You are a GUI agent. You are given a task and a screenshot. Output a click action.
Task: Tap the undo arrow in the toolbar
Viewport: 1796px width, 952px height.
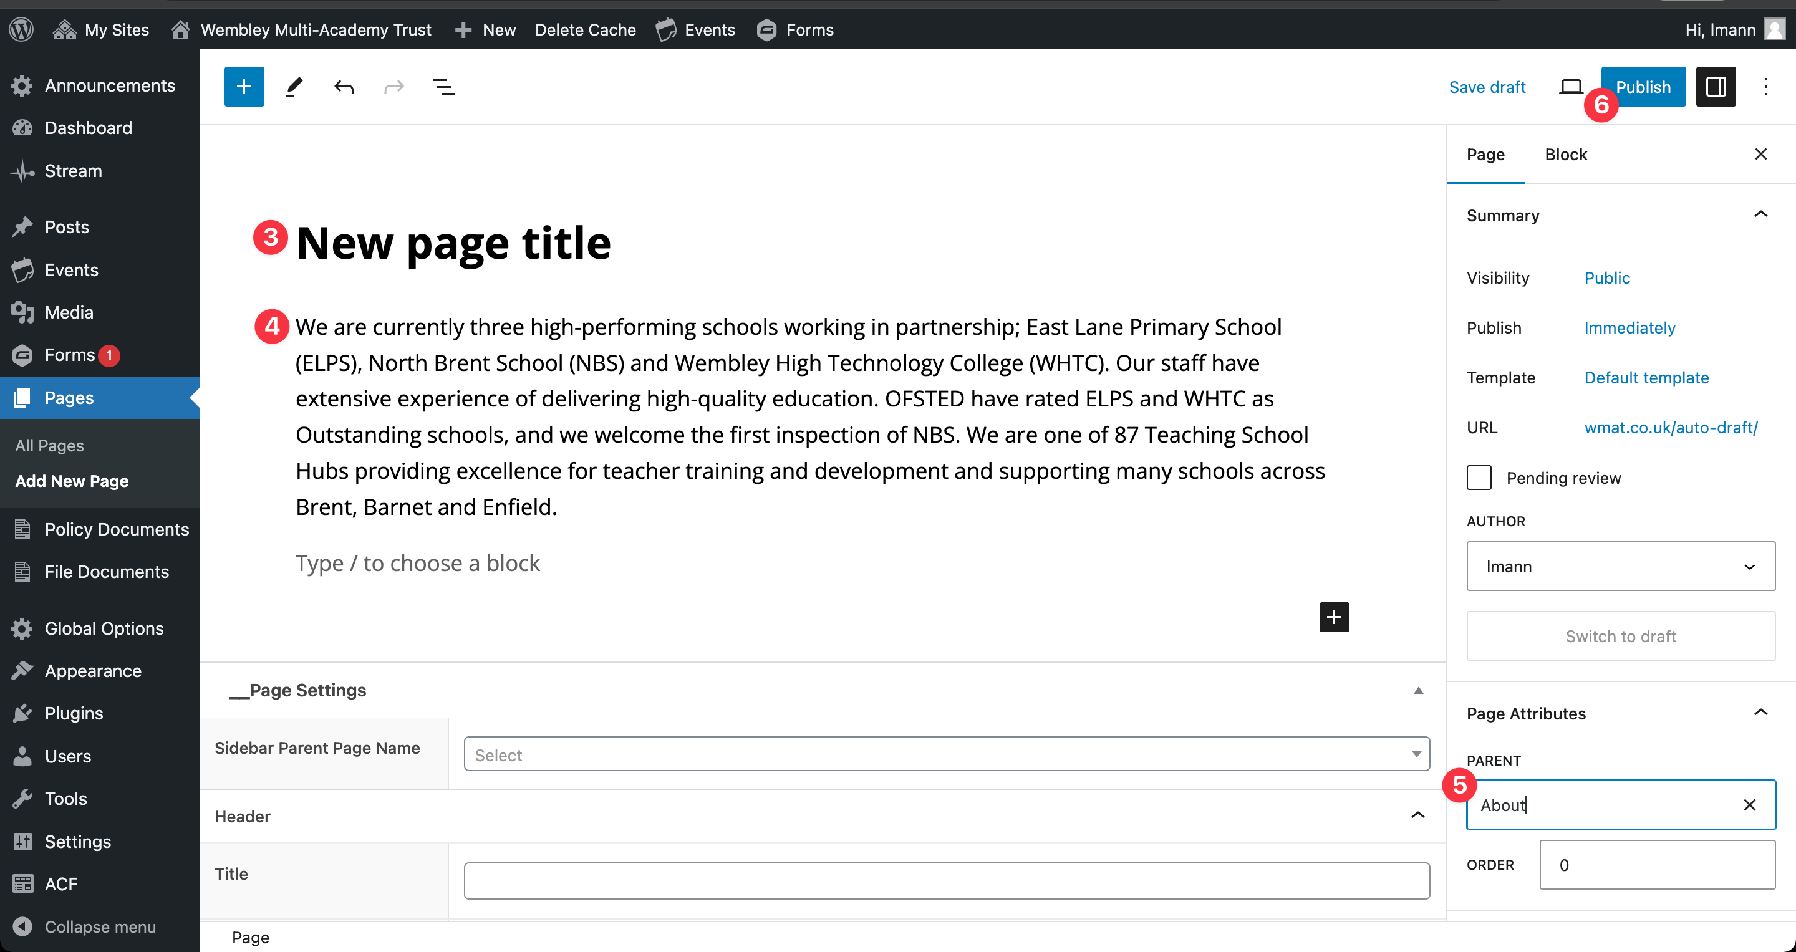coord(344,87)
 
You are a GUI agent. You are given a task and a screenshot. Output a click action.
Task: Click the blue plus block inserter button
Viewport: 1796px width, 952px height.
coord(244,87)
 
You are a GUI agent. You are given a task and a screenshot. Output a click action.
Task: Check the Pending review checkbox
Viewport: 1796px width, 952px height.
coord(1479,478)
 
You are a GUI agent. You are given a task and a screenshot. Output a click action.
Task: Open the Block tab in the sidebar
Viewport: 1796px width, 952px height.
coord(1565,155)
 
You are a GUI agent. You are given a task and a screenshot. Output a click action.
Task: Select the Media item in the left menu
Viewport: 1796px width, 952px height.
coord(69,312)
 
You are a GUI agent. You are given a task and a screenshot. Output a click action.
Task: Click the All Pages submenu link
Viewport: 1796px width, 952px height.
coord(49,445)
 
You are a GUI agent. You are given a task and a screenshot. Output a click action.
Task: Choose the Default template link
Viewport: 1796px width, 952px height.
coord(1646,378)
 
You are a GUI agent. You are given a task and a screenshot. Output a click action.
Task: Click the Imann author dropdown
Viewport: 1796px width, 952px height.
coord(1620,567)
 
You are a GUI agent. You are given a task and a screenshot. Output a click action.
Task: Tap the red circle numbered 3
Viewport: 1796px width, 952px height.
coord(271,238)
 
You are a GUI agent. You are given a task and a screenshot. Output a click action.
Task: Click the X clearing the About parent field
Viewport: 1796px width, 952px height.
coord(1749,805)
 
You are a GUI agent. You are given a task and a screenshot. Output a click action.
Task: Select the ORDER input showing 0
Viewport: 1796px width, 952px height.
coord(1656,865)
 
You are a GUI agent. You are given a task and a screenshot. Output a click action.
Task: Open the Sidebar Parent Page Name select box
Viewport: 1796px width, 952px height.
coord(946,755)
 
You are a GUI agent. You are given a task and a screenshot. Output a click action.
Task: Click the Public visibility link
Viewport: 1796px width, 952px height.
coord(1606,278)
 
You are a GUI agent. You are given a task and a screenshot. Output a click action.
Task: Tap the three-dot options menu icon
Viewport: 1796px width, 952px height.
coord(1765,87)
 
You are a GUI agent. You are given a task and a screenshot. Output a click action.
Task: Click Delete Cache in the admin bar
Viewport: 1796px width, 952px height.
coord(585,30)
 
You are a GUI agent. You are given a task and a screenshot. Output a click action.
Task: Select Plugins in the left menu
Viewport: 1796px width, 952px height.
coord(73,714)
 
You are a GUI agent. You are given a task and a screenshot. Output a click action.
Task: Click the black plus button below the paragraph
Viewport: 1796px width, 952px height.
coord(1334,617)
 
